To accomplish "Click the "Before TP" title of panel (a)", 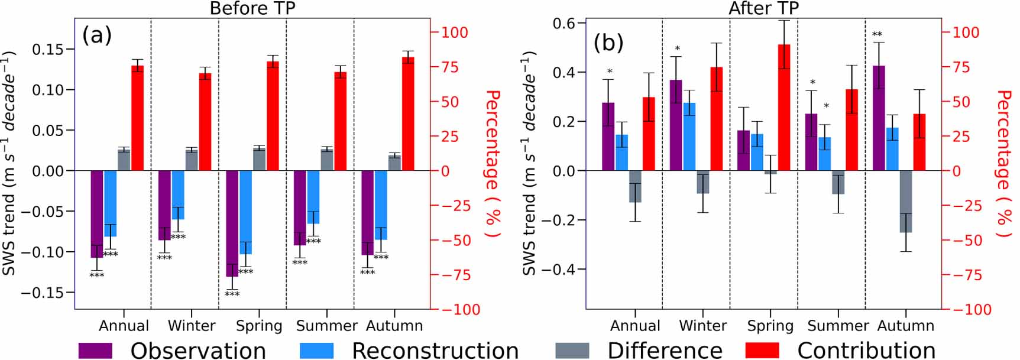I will [x=252, y=8].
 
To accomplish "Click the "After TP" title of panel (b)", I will [x=763, y=8].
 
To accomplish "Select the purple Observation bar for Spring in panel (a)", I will [x=232, y=223].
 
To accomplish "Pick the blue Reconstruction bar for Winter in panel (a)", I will [x=178, y=195].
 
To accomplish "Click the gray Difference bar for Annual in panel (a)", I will [x=124, y=160].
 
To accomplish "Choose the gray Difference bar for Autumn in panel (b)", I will [x=906, y=201].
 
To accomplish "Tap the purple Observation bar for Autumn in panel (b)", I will [x=879, y=118].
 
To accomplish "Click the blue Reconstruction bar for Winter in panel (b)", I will [x=689, y=137].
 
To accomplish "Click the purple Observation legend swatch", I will [x=95, y=350].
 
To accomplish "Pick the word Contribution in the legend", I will [x=866, y=350].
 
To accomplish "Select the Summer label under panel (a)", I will [x=326, y=326].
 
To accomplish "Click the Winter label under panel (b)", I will [x=702, y=326].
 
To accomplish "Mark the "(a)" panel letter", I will [x=97, y=35].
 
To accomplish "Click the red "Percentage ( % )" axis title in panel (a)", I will [x=493, y=164].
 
